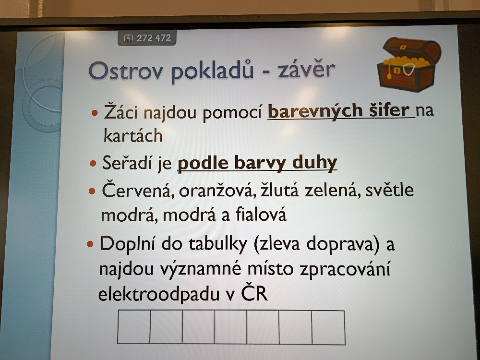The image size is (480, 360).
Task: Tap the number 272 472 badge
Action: coord(147,38)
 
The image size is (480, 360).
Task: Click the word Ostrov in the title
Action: coord(125,71)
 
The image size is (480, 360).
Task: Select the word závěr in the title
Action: coord(306,70)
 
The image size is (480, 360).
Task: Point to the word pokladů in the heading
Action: coord(213,71)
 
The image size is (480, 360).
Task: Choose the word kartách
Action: coord(133,136)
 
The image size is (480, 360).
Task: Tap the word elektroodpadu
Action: coord(159,294)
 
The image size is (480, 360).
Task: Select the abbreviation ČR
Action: coord(254,293)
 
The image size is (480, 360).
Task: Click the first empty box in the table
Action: coord(134,326)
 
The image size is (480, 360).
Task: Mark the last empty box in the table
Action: coord(328,327)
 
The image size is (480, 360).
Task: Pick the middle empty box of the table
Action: coord(231,327)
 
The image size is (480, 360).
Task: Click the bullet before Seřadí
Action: coord(93,163)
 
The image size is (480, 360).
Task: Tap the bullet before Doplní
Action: coord(90,244)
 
